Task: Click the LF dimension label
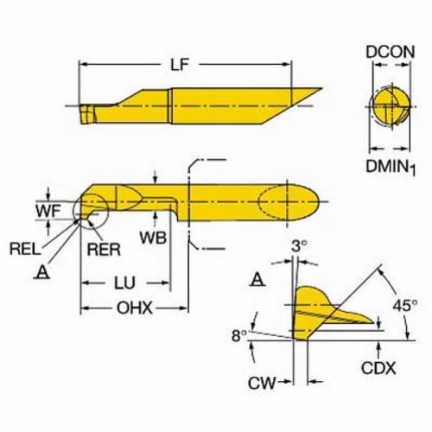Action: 179,65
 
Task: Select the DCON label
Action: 391,52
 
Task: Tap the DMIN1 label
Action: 391,167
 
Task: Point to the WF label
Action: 48,212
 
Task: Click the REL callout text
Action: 25,249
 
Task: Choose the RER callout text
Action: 104,250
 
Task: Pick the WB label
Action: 153,238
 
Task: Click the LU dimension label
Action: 124,283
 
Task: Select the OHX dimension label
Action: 135,308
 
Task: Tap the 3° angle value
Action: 299,246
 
